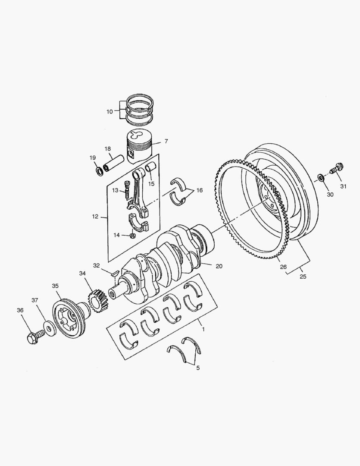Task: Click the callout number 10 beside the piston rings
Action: [x=109, y=111]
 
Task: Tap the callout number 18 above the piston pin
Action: [x=108, y=149]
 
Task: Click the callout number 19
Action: [x=93, y=158]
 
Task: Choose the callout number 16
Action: [x=199, y=190]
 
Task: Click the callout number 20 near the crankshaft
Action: [x=219, y=266]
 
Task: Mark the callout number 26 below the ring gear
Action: [x=283, y=267]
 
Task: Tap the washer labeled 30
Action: [x=321, y=177]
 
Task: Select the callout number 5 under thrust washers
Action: [x=198, y=368]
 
